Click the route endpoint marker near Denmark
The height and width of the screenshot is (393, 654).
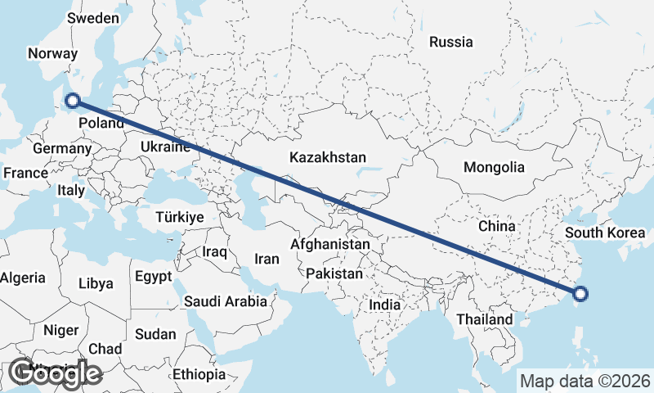[x=73, y=101]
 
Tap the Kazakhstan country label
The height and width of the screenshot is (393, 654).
[x=327, y=156]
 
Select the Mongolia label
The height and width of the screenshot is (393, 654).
[x=494, y=167]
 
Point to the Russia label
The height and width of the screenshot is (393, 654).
[x=450, y=42]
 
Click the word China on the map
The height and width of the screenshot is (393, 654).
[x=496, y=225]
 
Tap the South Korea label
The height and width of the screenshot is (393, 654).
[x=606, y=233]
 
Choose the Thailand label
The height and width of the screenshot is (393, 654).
[x=485, y=318]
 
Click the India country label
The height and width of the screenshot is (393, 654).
[x=384, y=305]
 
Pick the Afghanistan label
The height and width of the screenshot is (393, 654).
[x=330, y=244]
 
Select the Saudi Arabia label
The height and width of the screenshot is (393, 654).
[x=226, y=301]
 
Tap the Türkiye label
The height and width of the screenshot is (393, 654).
[x=179, y=217]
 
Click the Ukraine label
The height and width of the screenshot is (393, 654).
[x=166, y=147]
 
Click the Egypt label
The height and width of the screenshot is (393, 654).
[x=154, y=276]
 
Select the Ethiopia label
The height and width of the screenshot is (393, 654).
[x=199, y=374]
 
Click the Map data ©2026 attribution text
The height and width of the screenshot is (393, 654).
[x=585, y=381]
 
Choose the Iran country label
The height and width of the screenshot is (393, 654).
[x=267, y=259]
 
